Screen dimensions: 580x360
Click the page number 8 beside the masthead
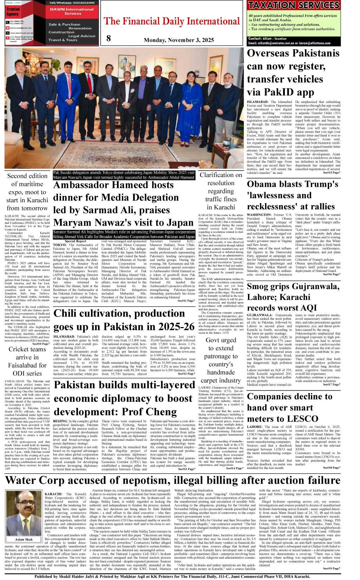(109, 38)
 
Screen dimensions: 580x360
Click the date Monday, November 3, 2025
(179, 40)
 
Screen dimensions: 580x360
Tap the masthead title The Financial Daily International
(172, 21)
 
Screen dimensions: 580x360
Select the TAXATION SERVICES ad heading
(294, 5)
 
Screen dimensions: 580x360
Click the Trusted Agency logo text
(13, 12)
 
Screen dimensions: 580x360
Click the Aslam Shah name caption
(24, 539)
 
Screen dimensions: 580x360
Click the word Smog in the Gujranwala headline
(260, 286)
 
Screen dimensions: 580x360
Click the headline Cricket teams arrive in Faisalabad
(27, 361)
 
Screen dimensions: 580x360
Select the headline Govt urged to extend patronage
(221, 360)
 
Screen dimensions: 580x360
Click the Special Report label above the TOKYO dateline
(75, 241)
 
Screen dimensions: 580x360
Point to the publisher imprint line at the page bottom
(172, 576)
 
